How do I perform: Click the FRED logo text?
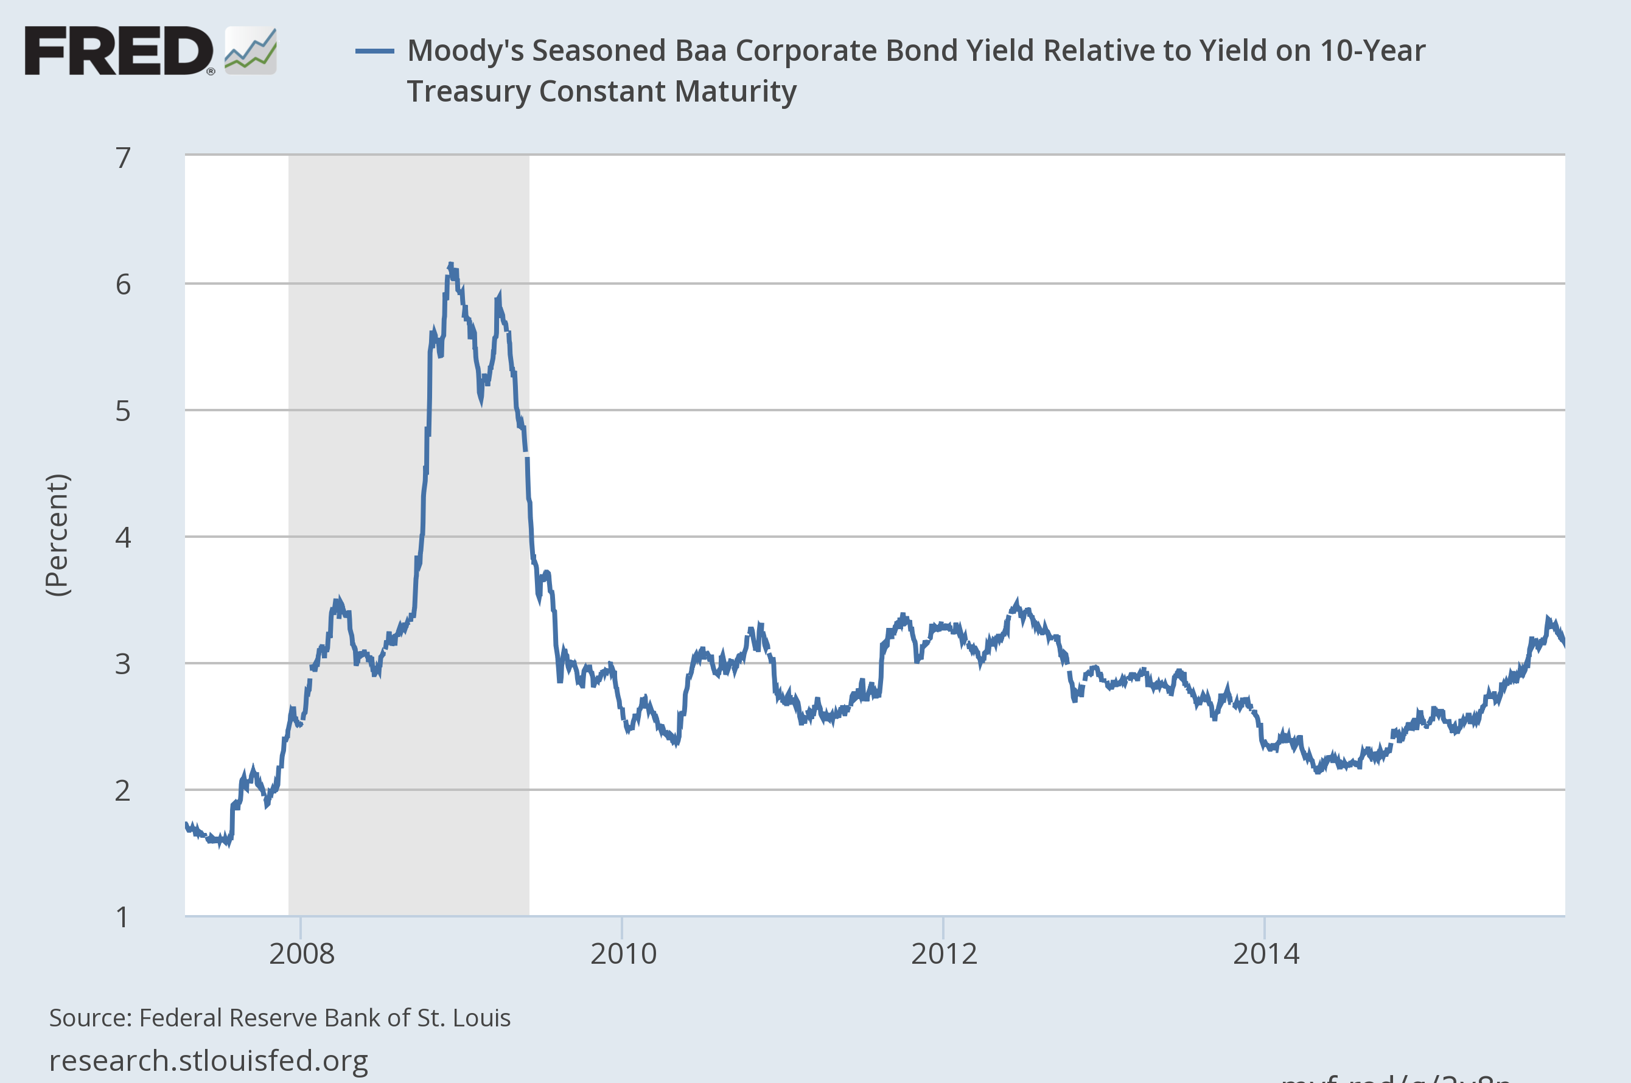pos(118,51)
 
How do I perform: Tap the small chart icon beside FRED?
pos(251,51)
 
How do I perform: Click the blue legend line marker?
pos(374,51)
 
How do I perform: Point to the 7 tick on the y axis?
pos(123,158)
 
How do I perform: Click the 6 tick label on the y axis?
pos(123,284)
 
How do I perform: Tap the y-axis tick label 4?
pos(123,537)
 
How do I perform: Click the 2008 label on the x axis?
pos(301,954)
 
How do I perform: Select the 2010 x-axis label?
pos(623,954)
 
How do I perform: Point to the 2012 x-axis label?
pos(944,954)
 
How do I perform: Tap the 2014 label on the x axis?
pos(1266,954)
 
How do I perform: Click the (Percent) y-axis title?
pos(57,535)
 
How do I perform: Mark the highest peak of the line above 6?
pos(450,265)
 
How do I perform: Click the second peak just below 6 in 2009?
pos(499,296)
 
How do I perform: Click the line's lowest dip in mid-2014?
pos(1318,771)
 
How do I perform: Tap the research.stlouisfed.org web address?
pos(209,1060)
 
